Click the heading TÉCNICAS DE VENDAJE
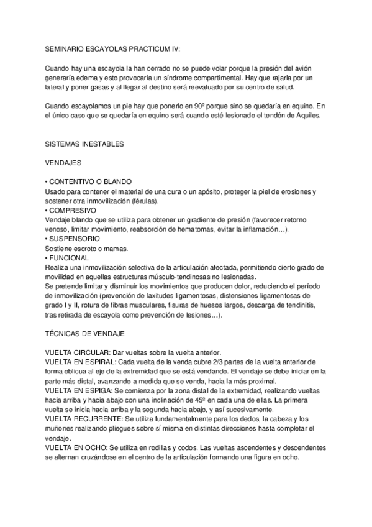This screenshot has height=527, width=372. point(85,333)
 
